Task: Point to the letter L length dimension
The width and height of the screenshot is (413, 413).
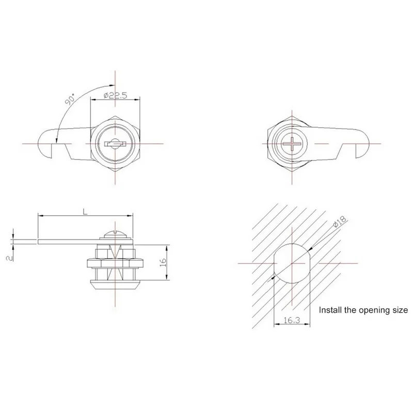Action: [x=84, y=211]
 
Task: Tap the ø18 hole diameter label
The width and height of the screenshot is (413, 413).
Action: [x=339, y=224]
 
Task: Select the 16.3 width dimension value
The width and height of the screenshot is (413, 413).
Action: [x=292, y=321]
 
